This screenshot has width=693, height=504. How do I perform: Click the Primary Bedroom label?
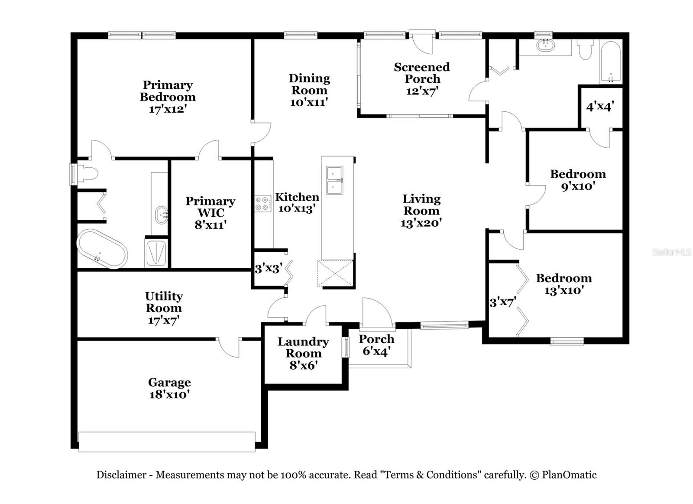tap(168, 91)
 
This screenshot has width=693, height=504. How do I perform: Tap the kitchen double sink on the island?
tap(334, 180)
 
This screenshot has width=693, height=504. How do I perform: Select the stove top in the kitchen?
tap(263, 204)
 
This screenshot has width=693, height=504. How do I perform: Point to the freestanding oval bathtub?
tap(102, 249)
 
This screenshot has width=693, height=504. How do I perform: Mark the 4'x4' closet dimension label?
tap(600, 106)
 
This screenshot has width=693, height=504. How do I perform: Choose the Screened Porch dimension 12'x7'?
tap(422, 91)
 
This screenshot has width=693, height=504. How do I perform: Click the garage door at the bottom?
tap(167, 442)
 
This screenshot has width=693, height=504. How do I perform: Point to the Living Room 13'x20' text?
tap(421, 223)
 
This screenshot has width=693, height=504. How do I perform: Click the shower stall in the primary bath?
tap(155, 253)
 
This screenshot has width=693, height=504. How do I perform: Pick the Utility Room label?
tap(164, 302)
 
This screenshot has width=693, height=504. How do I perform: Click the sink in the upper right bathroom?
tap(545, 46)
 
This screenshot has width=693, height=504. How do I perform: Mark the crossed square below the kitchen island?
tap(335, 273)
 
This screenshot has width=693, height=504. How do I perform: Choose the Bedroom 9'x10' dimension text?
tap(578, 186)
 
